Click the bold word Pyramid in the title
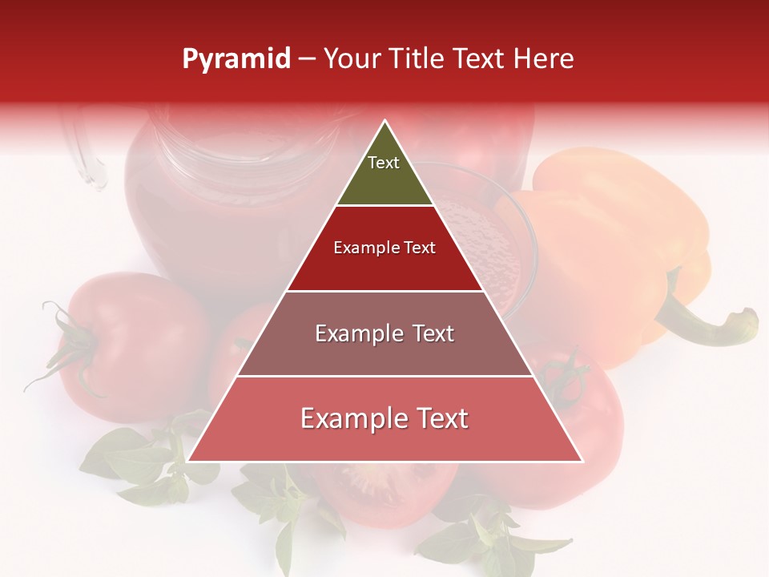click(236, 59)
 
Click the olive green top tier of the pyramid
click(384, 180)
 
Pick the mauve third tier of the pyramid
click(384, 353)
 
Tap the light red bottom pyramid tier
click(384, 433)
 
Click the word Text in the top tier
click(384, 163)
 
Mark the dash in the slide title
click(307, 59)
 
